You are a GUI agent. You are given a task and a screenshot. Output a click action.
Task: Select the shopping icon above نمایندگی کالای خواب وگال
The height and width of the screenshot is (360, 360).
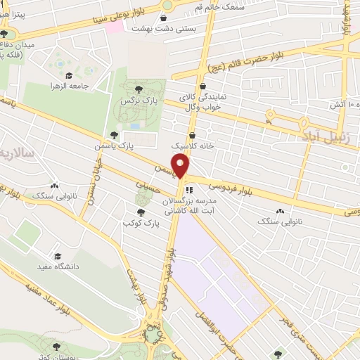(202, 86)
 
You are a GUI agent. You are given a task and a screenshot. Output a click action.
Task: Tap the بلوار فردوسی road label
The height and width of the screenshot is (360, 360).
(229, 187)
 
